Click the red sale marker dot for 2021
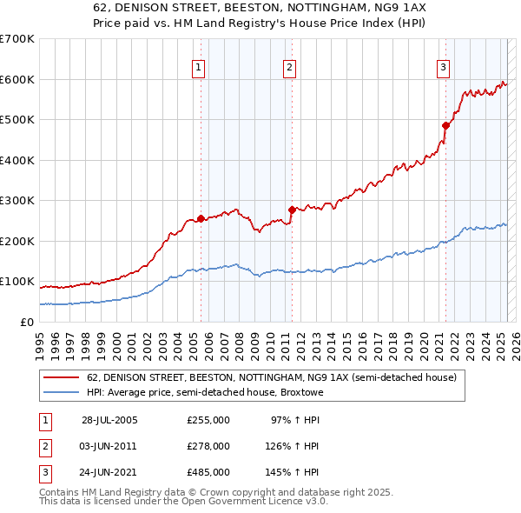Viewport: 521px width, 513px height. tap(445, 125)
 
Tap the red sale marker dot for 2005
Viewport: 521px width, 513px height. tap(201, 218)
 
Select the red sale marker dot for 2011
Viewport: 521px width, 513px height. tap(291, 209)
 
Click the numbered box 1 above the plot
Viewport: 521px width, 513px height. tap(199, 67)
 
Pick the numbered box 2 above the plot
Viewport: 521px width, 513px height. tap(289, 67)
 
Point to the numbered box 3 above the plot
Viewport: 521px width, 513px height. tap(444, 67)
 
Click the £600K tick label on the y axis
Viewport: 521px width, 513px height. tap(16, 79)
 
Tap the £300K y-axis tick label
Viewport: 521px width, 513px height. tap(16, 200)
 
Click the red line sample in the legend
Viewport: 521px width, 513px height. tap(60, 377)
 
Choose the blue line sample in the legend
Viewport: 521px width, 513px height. tap(60, 392)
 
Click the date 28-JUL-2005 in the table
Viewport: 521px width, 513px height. tap(109, 420)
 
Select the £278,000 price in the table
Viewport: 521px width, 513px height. tap(208, 446)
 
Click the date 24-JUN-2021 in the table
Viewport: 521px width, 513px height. tap(109, 472)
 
